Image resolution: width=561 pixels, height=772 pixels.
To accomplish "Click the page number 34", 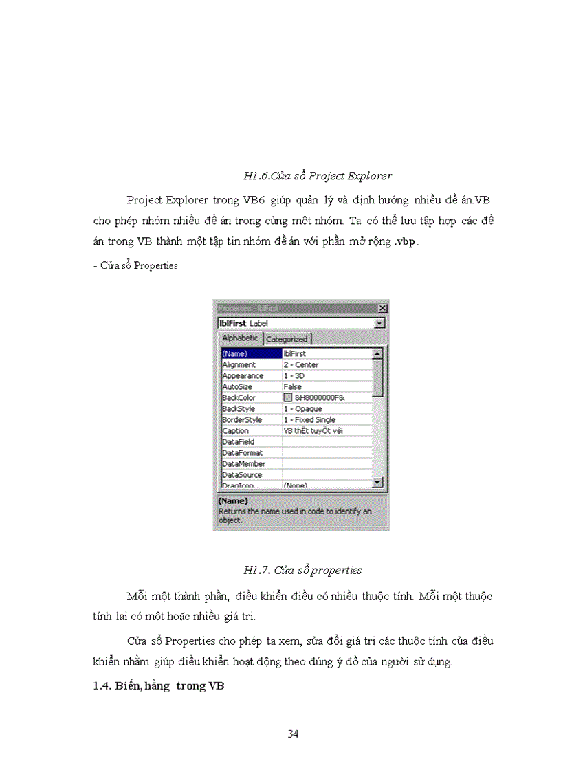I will (x=293, y=734).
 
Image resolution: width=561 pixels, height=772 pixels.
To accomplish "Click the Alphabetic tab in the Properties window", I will (x=240, y=338).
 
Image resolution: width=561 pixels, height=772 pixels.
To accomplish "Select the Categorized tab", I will (x=287, y=339).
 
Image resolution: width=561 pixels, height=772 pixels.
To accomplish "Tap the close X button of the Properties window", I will (x=382, y=309).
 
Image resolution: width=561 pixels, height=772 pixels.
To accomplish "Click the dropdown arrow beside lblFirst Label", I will (x=379, y=323).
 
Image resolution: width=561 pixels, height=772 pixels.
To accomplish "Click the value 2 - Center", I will (x=301, y=364).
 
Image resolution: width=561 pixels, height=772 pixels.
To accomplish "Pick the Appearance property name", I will (x=243, y=375).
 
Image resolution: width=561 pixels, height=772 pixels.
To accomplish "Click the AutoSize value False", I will (x=293, y=386).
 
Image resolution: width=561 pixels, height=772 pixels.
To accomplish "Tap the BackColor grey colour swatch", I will (x=288, y=397).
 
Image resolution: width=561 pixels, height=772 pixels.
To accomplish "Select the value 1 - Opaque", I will (x=302, y=408).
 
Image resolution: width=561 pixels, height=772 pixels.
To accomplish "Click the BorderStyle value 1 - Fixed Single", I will (x=309, y=419).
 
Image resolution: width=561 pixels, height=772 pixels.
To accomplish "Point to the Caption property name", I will (x=236, y=430).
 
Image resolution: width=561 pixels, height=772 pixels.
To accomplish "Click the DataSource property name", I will (x=242, y=474).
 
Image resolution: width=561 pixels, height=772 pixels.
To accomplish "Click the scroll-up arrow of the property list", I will (x=377, y=353).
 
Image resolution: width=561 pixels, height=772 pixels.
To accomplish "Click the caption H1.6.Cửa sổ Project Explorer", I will (x=318, y=176).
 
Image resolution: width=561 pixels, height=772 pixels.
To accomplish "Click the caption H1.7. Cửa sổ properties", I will (x=302, y=570).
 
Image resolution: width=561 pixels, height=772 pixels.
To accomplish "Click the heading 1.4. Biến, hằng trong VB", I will (x=159, y=687).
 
